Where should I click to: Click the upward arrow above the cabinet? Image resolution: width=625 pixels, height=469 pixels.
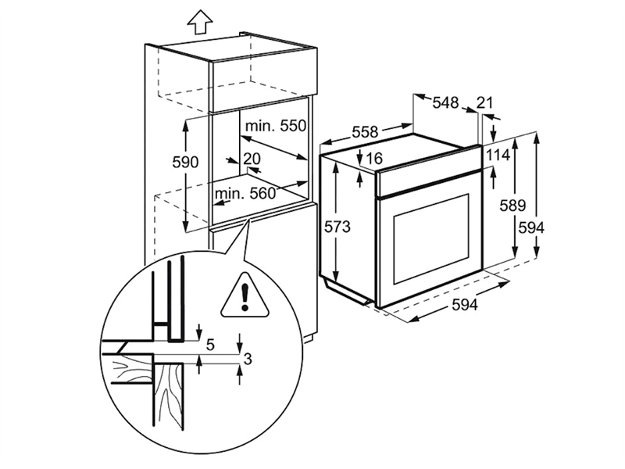click(200, 23)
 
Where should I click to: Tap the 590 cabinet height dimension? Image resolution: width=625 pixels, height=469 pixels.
click(186, 162)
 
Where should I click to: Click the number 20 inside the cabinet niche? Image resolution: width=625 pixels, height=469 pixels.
click(251, 158)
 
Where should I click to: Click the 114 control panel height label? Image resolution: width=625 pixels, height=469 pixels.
click(498, 156)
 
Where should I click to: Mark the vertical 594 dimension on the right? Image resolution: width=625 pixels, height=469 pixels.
click(530, 227)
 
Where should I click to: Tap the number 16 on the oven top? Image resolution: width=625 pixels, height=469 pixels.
click(373, 159)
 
